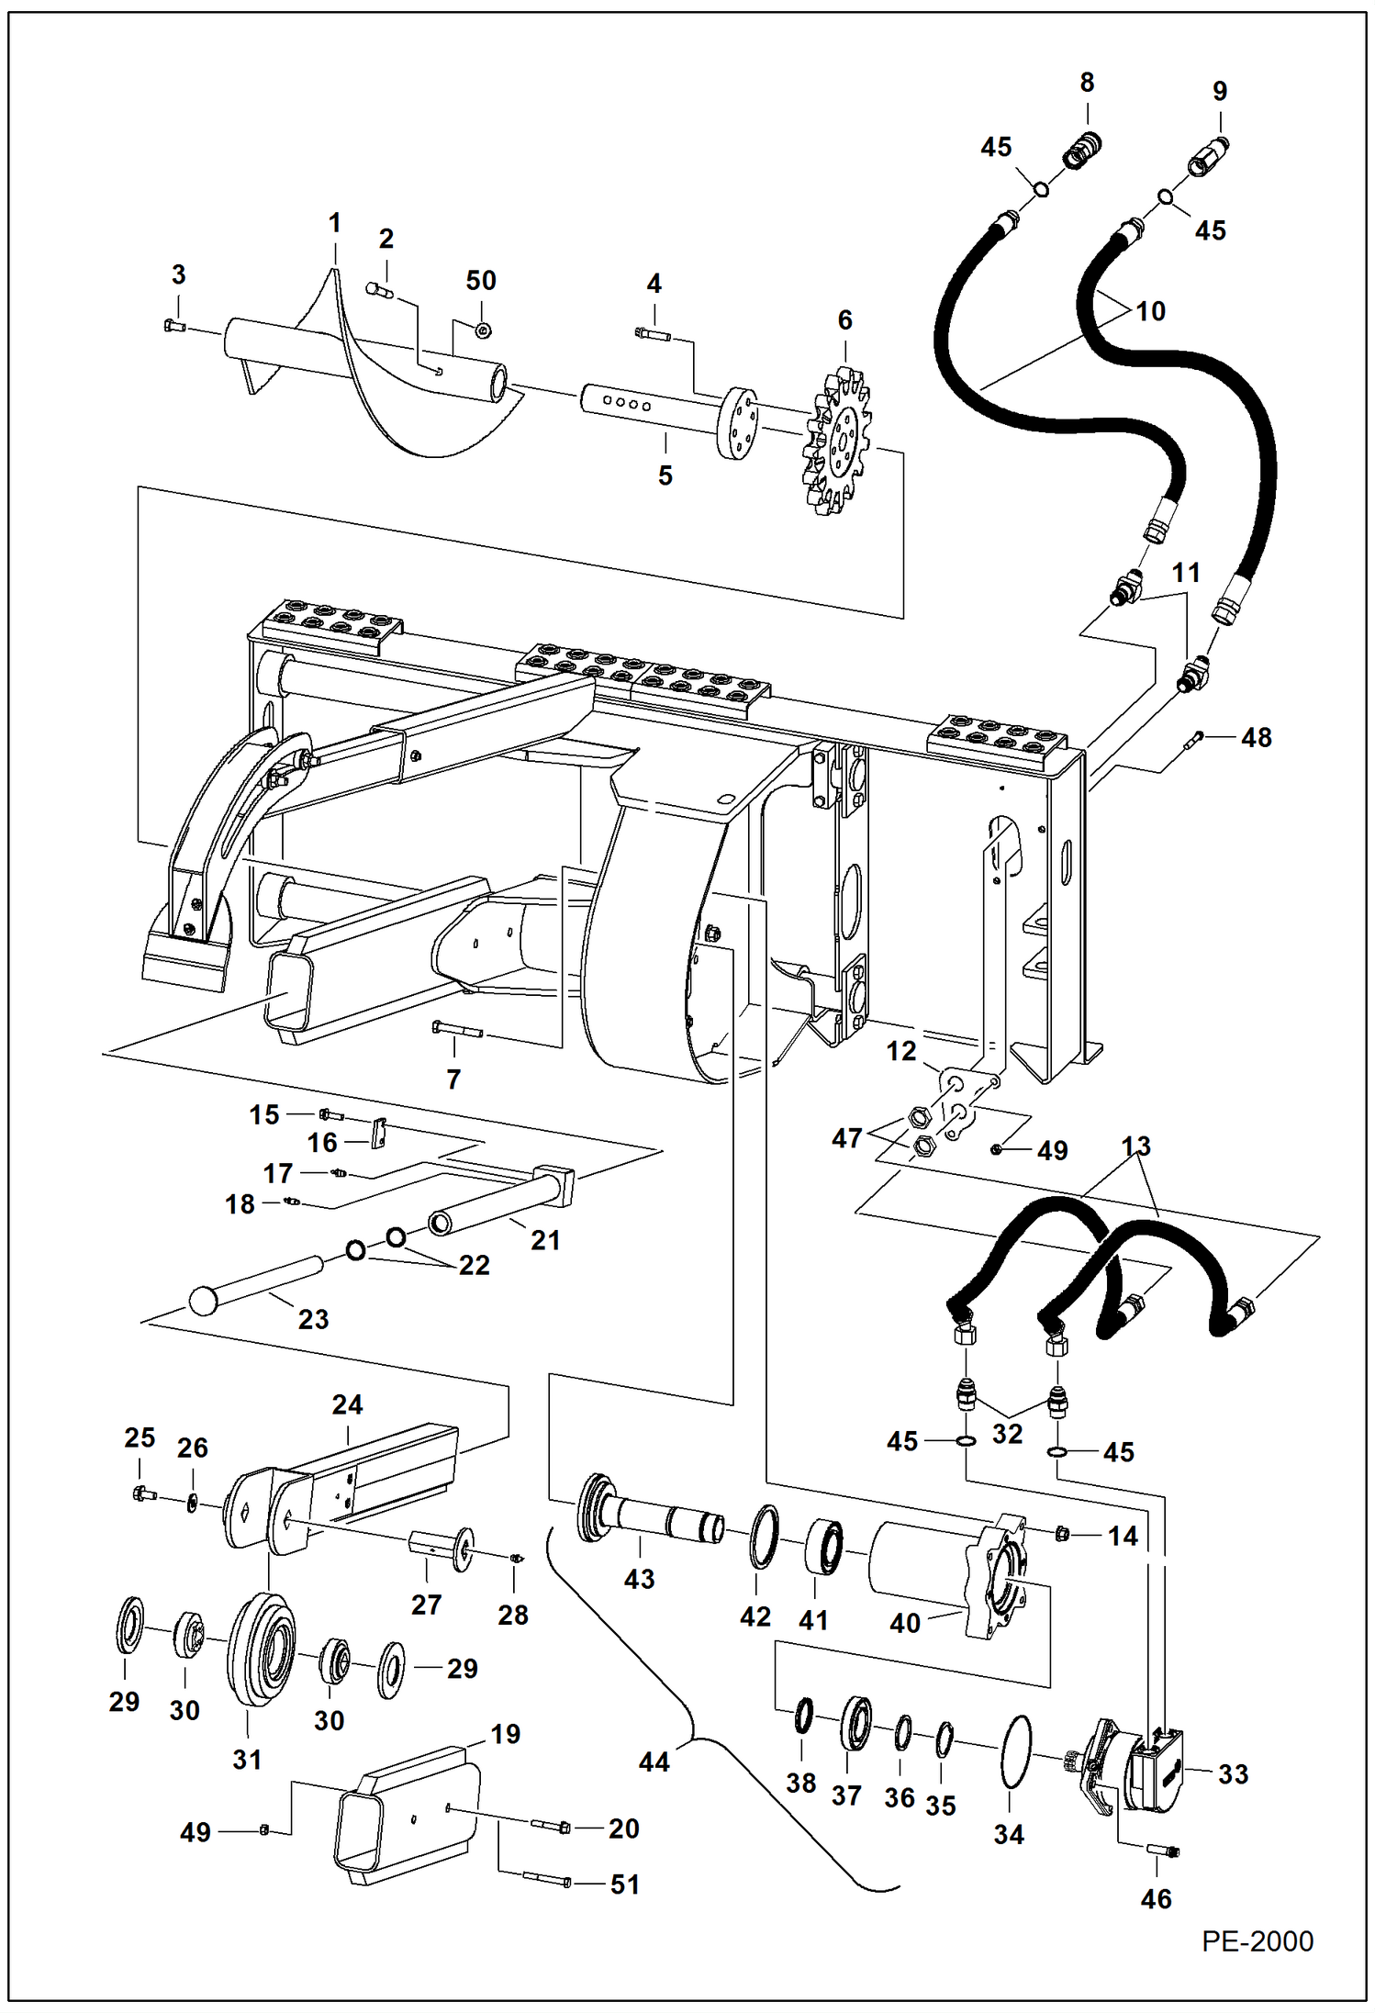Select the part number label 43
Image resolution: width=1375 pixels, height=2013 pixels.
[x=639, y=1579]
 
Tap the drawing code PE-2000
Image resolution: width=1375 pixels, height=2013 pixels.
[x=1258, y=1941]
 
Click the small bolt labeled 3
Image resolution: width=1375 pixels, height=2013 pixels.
[x=174, y=325]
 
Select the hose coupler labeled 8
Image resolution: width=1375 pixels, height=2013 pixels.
[x=1082, y=150]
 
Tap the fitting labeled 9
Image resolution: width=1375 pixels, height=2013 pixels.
[x=1209, y=157]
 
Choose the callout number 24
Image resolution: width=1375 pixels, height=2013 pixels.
[x=347, y=1404]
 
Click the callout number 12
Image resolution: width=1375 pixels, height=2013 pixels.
[x=901, y=1051]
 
